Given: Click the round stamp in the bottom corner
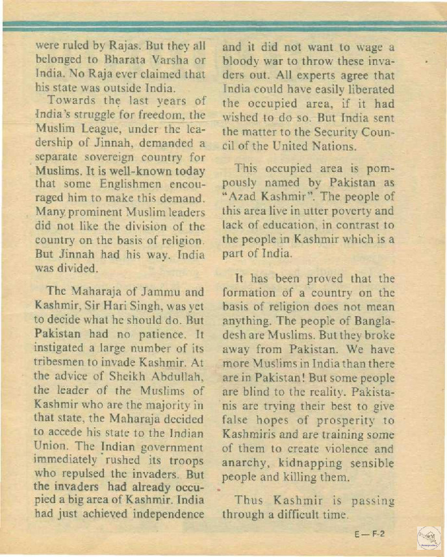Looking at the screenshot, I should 428,538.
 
